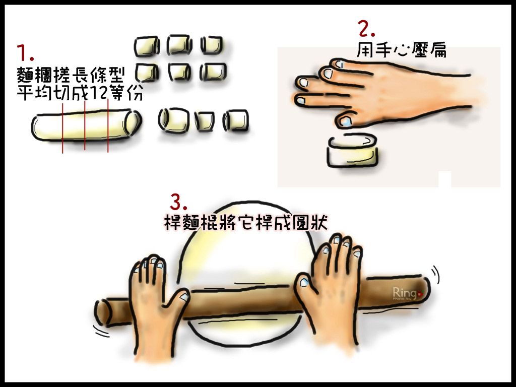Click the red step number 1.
[25, 52]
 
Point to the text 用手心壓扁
[402, 50]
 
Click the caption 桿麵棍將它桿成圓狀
[246, 223]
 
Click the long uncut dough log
[86, 126]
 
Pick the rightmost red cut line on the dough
[108, 126]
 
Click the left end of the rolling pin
[102, 312]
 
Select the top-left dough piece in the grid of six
[147, 46]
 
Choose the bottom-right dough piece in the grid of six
[214, 72]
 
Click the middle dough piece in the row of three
[205, 121]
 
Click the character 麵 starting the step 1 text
[25, 76]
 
